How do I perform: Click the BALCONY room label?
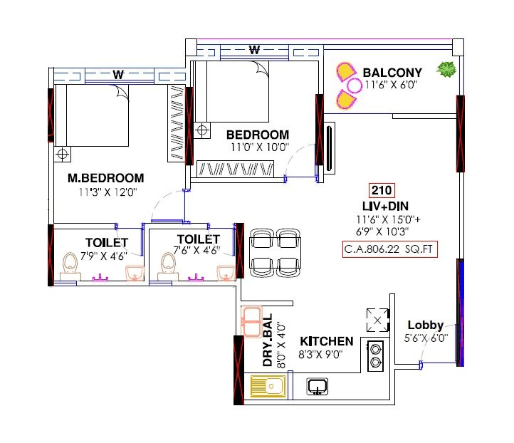pyautogui.click(x=392, y=73)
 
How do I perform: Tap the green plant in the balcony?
pyautogui.click(x=446, y=70)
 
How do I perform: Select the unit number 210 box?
pyautogui.click(x=382, y=190)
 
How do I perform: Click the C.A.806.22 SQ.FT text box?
pyautogui.click(x=389, y=249)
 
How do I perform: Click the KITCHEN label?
pyautogui.click(x=327, y=341)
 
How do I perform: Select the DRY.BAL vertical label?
pyautogui.click(x=268, y=342)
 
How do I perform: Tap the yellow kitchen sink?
pyautogui.click(x=268, y=387)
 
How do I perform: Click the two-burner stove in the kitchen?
pyautogui.click(x=375, y=355)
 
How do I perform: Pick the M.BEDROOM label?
pyautogui.click(x=106, y=178)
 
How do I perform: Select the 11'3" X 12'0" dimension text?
pyautogui.click(x=107, y=192)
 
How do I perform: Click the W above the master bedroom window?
pyautogui.click(x=118, y=73)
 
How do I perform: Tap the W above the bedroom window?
pyautogui.click(x=254, y=49)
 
